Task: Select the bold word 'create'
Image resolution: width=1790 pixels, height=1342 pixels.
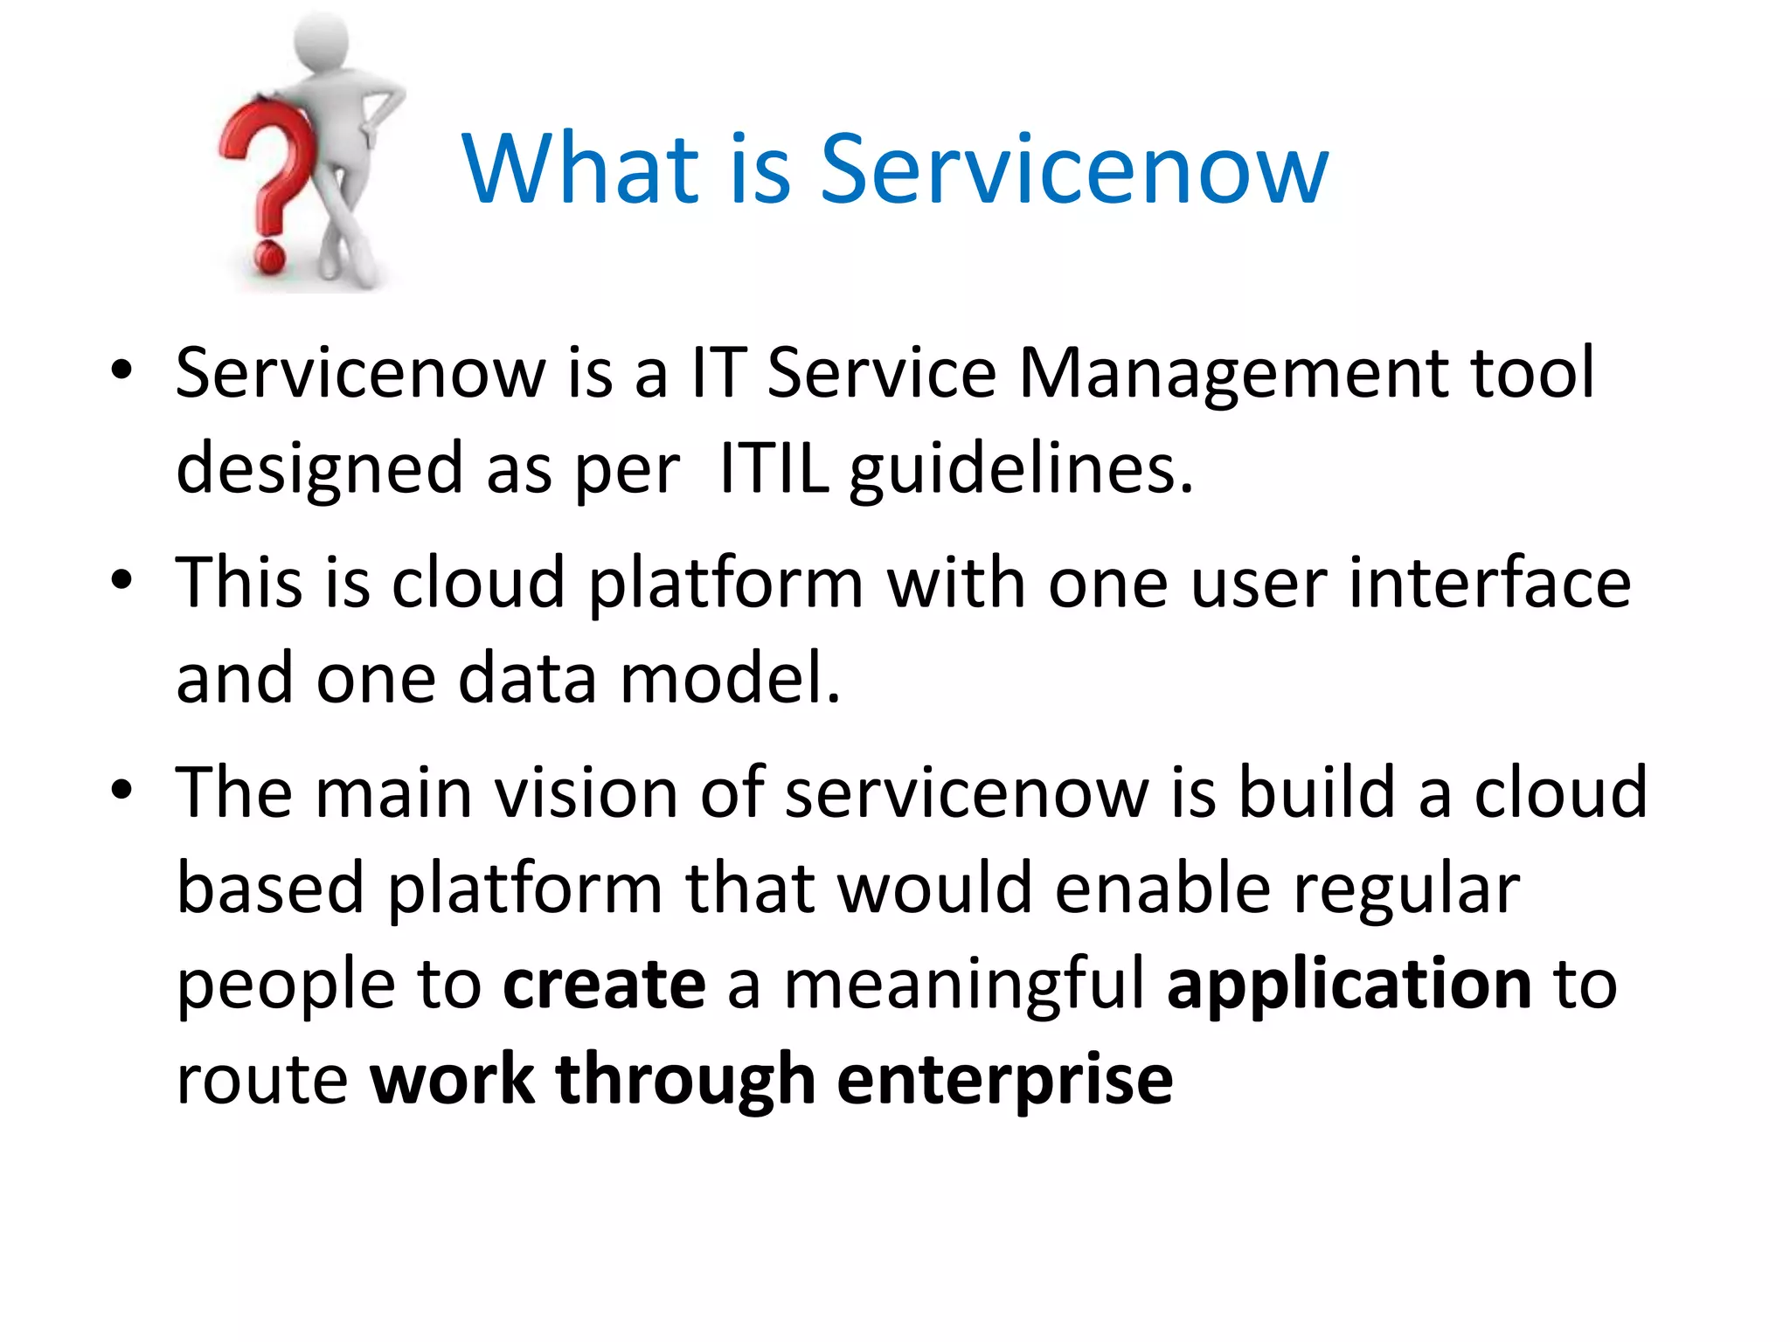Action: (604, 984)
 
